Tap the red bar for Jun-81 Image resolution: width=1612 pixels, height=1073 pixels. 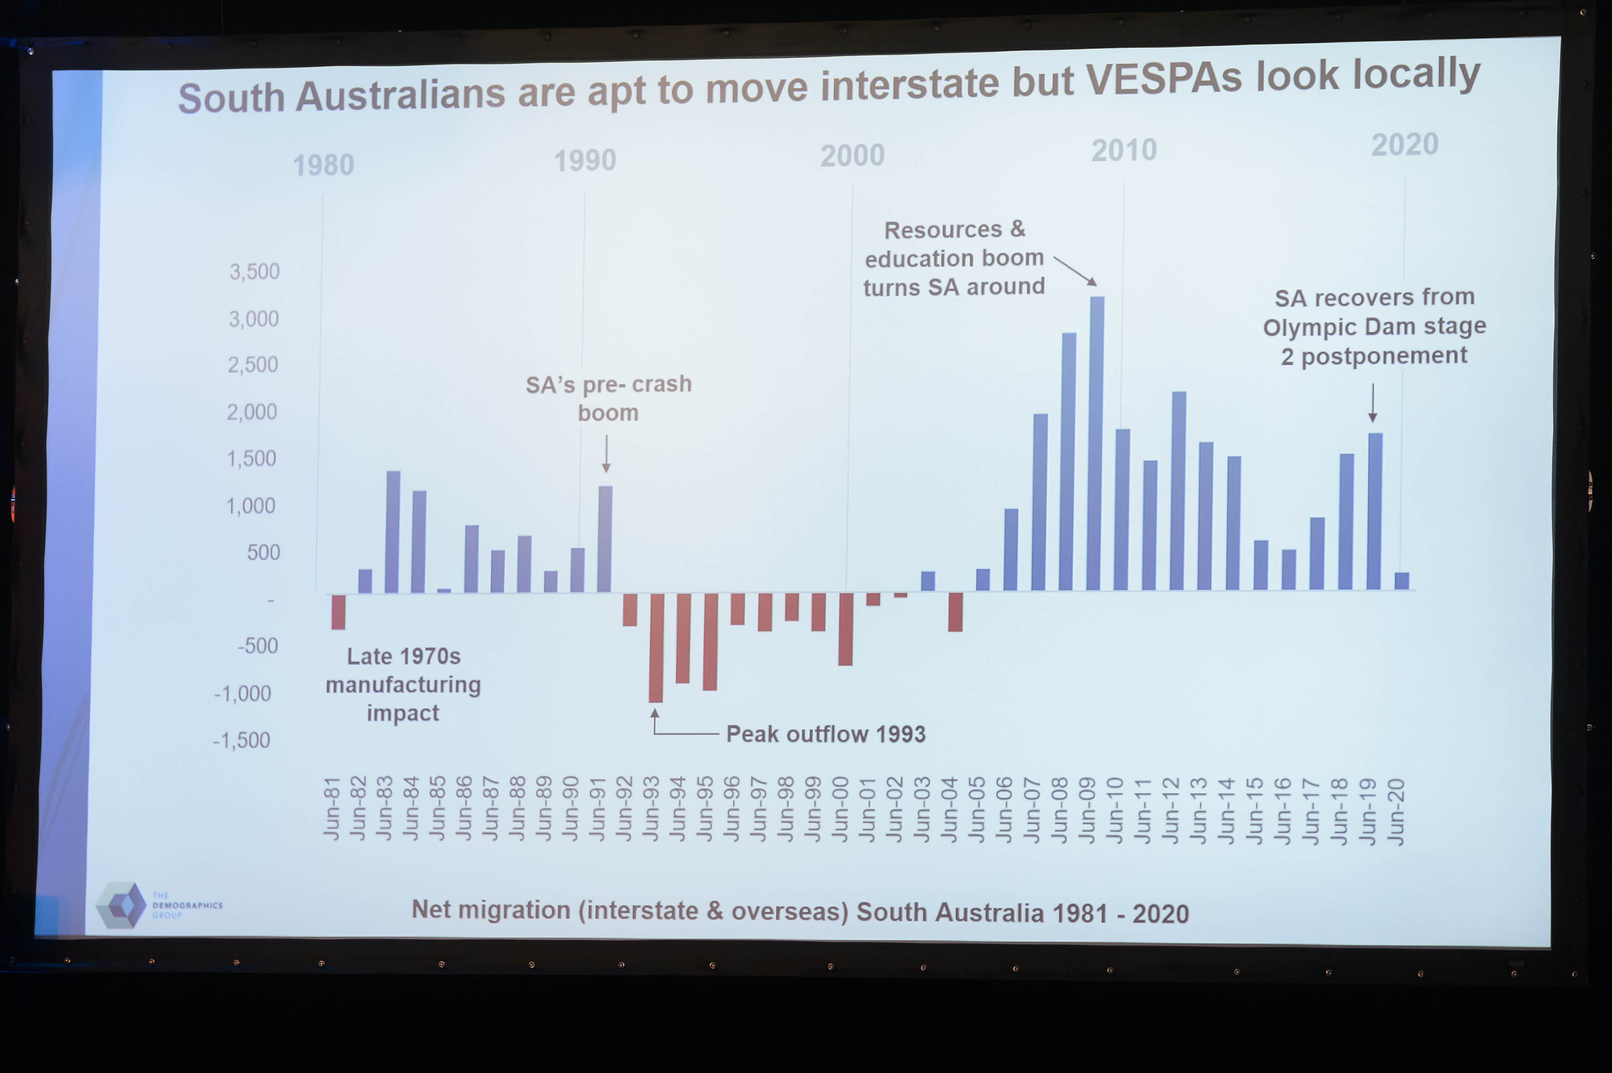click(338, 611)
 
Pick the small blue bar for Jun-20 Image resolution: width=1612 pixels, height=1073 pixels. click(1401, 581)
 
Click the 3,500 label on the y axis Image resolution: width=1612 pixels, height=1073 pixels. click(254, 272)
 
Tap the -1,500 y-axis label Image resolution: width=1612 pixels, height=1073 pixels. click(242, 740)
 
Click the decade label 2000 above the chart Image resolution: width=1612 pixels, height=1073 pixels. click(853, 156)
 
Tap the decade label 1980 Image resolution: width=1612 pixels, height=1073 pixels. click(323, 166)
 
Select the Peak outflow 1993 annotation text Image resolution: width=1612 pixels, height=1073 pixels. click(825, 734)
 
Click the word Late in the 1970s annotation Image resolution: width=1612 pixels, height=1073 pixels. click(369, 656)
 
